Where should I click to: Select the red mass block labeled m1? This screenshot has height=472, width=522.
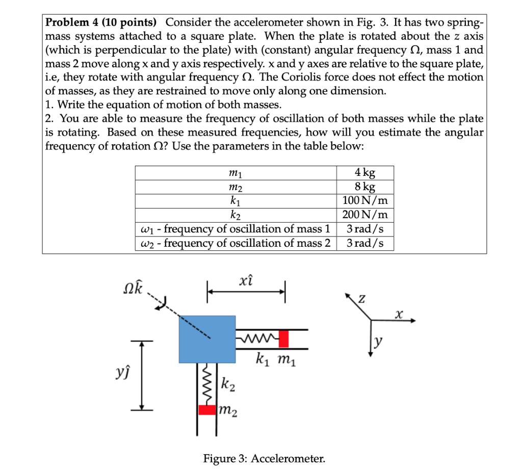(x=283, y=338)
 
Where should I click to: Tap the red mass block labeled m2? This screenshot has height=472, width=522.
(x=206, y=409)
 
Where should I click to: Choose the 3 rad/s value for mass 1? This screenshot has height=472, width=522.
(x=365, y=229)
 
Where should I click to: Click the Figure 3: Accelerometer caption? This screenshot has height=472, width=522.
(x=264, y=459)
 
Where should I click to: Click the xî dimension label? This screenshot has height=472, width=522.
(x=246, y=280)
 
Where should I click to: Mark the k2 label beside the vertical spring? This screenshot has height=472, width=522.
(x=228, y=384)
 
